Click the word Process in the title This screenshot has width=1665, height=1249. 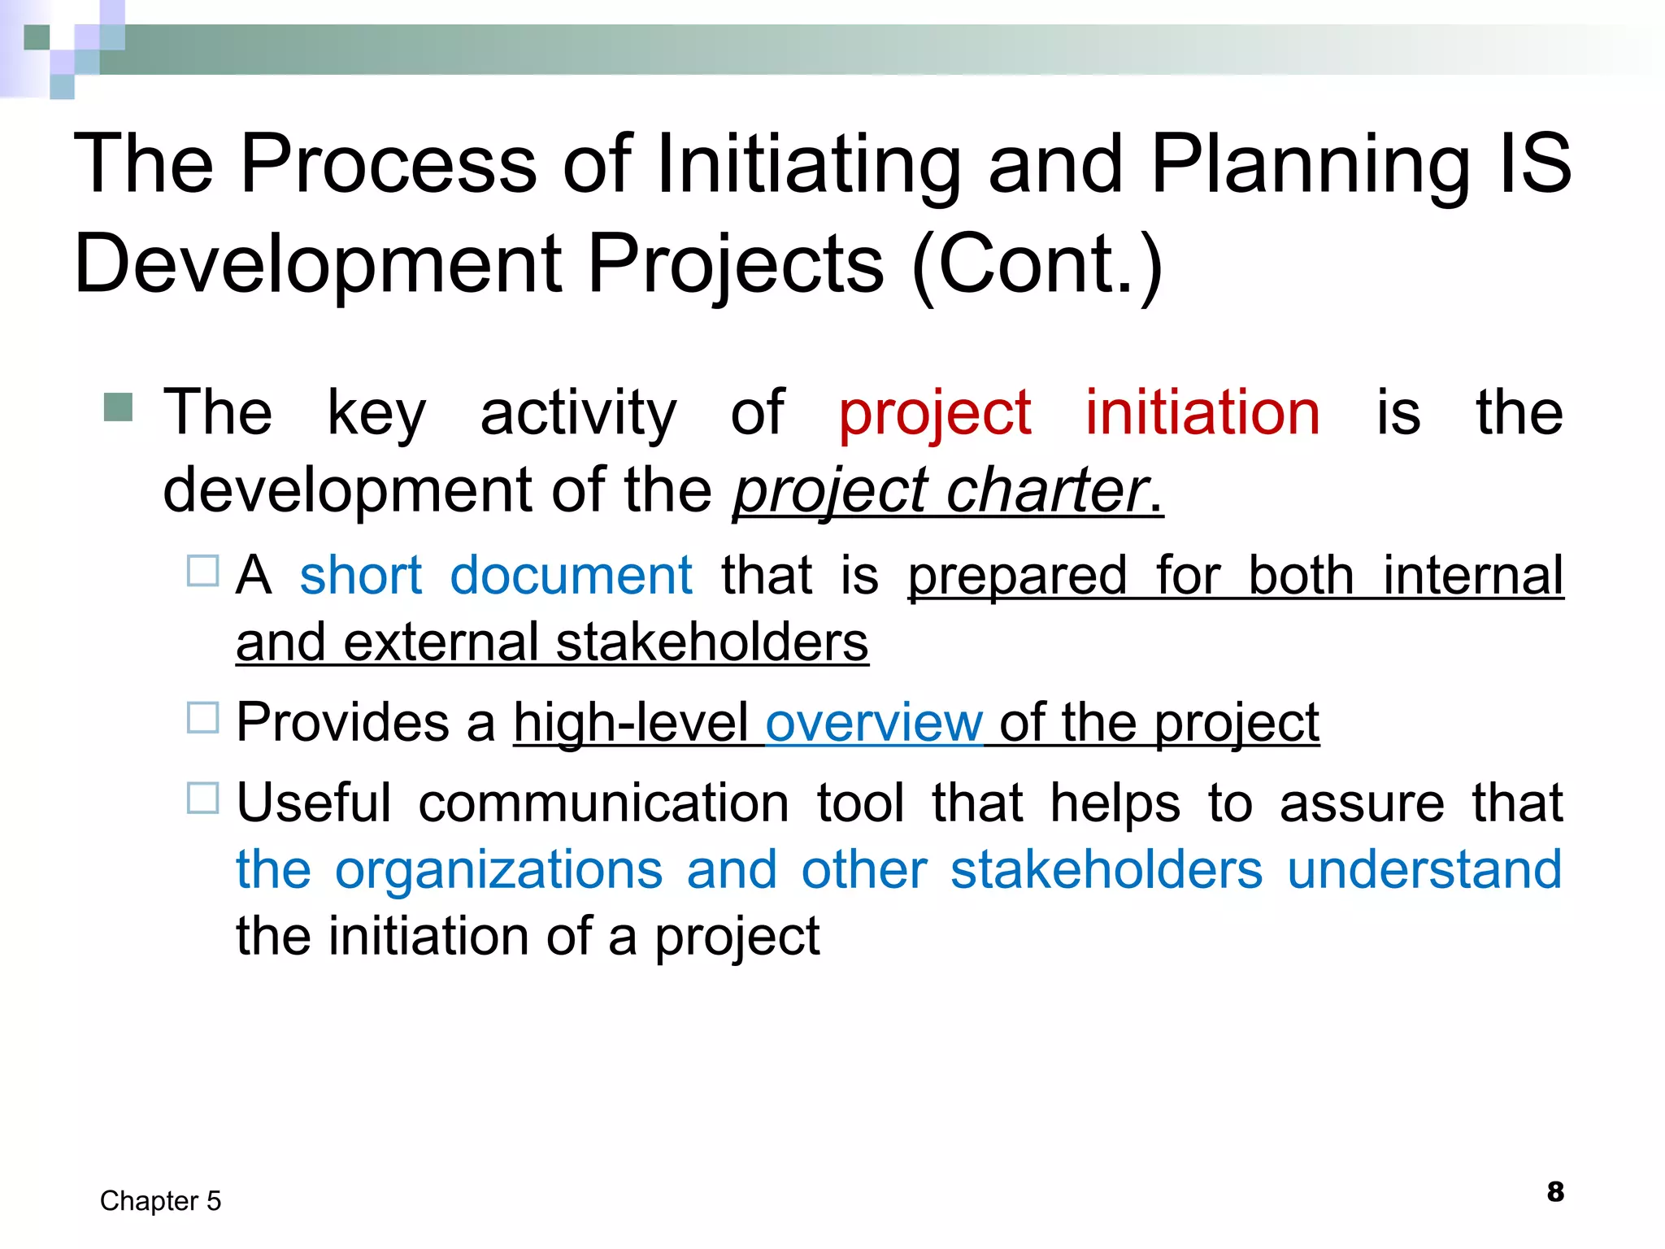(388, 165)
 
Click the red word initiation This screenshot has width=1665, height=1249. (1202, 413)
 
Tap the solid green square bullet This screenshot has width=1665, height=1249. (119, 407)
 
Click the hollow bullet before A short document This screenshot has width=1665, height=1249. (202, 571)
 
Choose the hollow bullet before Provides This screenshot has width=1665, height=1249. (202, 718)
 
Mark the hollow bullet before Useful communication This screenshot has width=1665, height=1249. (202, 798)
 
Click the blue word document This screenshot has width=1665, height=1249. (571, 576)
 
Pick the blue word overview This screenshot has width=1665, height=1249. (874, 723)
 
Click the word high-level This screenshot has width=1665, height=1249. (630, 723)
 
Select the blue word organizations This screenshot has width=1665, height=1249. (498, 870)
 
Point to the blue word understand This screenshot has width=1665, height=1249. (1424, 870)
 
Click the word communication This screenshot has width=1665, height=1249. (603, 803)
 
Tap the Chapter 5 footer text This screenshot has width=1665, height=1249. (160, 1201)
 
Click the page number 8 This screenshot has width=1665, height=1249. (1555, 1192)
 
